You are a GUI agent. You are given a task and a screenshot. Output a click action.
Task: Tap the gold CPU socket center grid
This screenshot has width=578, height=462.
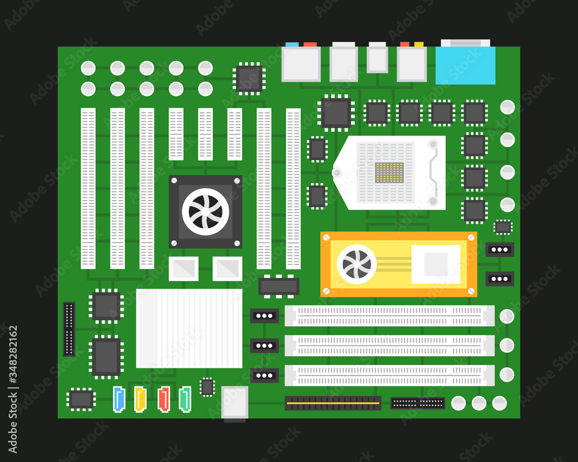point(389,173)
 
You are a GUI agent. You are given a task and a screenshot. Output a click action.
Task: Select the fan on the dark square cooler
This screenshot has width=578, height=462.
point(205,211)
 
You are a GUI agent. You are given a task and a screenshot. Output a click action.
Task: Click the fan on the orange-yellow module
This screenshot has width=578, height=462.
point(357,264)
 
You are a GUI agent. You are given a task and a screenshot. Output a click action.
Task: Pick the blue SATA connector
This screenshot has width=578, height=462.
point(120,399)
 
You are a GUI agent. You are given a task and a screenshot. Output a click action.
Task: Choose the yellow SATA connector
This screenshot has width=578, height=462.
point(140,399)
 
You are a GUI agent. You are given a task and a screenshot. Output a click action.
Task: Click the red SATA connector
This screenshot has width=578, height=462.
point(164,399)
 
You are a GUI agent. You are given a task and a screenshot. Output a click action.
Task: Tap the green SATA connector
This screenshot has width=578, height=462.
point(185,399)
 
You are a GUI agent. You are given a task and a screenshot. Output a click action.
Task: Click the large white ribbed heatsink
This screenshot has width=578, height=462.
point(189,328)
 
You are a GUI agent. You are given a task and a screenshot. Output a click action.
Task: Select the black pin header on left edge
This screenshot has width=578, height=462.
point(69,329)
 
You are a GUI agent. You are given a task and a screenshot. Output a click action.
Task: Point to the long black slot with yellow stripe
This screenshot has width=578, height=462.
point(333,403)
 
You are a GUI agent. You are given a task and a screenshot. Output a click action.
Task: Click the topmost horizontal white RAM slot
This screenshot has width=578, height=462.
point(390,316)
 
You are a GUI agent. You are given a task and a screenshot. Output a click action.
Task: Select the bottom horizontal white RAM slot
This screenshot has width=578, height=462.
point(390,375)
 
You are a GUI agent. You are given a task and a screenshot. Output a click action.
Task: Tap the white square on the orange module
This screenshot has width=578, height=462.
point(435,264)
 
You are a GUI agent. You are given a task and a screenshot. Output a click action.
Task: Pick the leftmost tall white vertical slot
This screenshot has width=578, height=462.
point(88,189)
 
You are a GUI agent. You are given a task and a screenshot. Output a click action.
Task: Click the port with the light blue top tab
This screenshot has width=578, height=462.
point(301,64)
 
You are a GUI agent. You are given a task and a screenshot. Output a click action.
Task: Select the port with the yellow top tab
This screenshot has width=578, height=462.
point(412,64)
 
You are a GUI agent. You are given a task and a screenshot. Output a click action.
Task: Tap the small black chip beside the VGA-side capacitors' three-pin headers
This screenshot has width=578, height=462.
point(503,227)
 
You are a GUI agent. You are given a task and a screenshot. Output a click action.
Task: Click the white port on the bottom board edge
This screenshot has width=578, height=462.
point(235,403)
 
